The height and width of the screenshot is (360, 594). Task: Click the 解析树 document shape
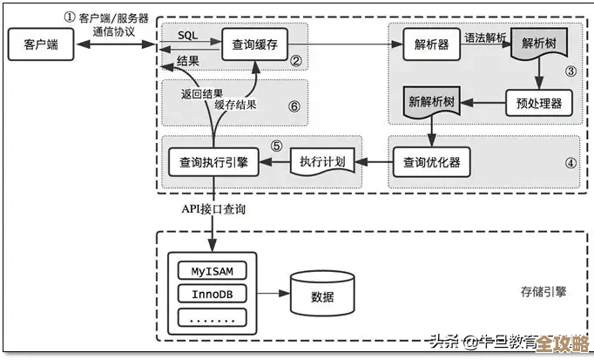tap(539, 44)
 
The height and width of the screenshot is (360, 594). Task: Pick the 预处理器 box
tap(538, 103)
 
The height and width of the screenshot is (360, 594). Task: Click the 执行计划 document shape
tap(322, 162)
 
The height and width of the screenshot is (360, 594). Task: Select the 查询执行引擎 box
tap(213, 161)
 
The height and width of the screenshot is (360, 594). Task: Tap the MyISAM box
tap(212, 271)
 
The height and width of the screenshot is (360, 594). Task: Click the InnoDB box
tap(212, 294)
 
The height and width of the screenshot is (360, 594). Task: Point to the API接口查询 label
tap(213, 209)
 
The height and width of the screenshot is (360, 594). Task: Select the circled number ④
tap(570, 162)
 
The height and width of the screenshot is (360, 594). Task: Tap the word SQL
tap(187, 35)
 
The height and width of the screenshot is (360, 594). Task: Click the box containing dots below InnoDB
tap(212, 317)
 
